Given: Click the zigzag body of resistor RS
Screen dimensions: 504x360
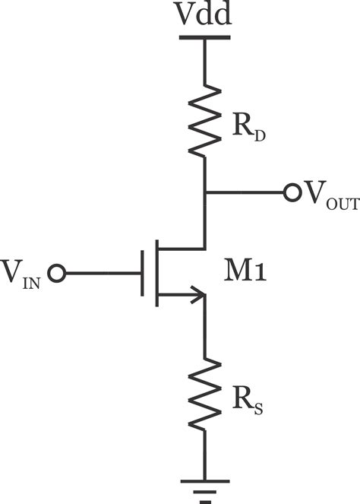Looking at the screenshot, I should click(x=204, y=394).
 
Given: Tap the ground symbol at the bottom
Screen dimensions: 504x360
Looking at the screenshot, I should click(x=204, y=487).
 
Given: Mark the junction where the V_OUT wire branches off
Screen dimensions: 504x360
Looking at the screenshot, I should click(x=204, y=192).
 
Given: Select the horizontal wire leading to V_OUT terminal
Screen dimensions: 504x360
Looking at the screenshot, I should click(x=243, y=192).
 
